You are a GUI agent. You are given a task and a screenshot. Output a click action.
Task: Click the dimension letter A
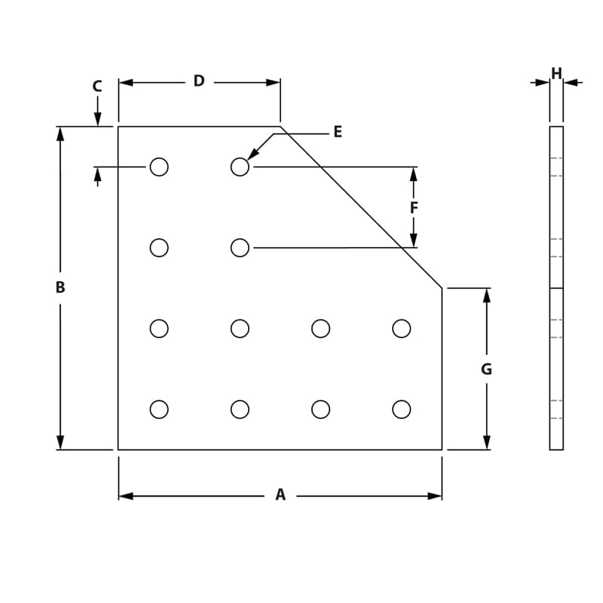tap(280, 495)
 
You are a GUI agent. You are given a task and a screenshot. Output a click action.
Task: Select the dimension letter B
tap(60, 287)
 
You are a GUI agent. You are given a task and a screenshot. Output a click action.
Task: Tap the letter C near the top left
tap(97, 87)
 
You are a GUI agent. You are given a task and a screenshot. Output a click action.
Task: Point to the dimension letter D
tap(199, 81)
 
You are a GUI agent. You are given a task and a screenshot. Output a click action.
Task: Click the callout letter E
tap(338, 133)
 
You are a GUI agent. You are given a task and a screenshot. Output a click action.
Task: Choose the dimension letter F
tap(414, 207)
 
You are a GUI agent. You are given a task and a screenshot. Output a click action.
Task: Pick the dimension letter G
tap(487, 369)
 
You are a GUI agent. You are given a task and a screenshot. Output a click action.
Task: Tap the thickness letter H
tap(556, 74)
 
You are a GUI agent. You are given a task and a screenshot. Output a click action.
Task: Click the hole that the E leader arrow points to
tap(240, 167)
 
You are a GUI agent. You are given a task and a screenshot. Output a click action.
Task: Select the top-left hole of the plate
tap(159, 167)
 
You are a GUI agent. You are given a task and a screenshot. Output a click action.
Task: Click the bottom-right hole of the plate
tap(402, 409)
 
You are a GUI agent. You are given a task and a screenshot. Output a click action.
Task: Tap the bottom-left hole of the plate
tap(159, 409)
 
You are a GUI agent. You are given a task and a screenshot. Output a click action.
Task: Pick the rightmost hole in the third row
tap(402, 329)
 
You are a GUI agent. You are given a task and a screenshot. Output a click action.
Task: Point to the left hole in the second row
tap(159, 247)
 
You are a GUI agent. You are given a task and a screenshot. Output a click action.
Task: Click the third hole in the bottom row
tap(321, 409)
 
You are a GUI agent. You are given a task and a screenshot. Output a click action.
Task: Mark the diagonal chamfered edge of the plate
tap(362, 207)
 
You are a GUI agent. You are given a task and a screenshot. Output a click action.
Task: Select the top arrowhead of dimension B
tap(60, 133)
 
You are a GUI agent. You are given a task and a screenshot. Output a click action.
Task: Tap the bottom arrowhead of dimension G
tap(487, 442)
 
